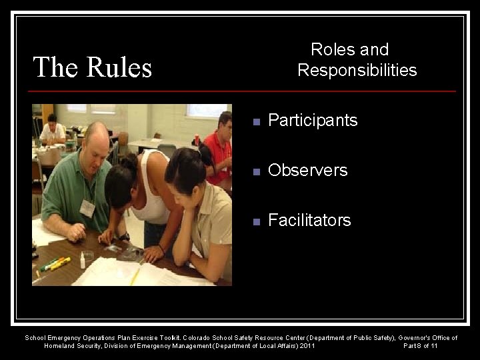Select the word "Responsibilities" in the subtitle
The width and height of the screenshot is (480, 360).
(357, 70)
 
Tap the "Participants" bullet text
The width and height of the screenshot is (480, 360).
(313, 121)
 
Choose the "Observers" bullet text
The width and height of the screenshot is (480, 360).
(307, 171)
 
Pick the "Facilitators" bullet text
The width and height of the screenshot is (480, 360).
(309, 221)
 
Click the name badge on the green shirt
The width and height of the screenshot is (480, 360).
(87, 208)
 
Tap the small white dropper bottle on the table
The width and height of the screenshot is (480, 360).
(83, 260)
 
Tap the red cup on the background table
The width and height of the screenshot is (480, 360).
(196, 139)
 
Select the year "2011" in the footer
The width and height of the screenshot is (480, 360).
(308, 346)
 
